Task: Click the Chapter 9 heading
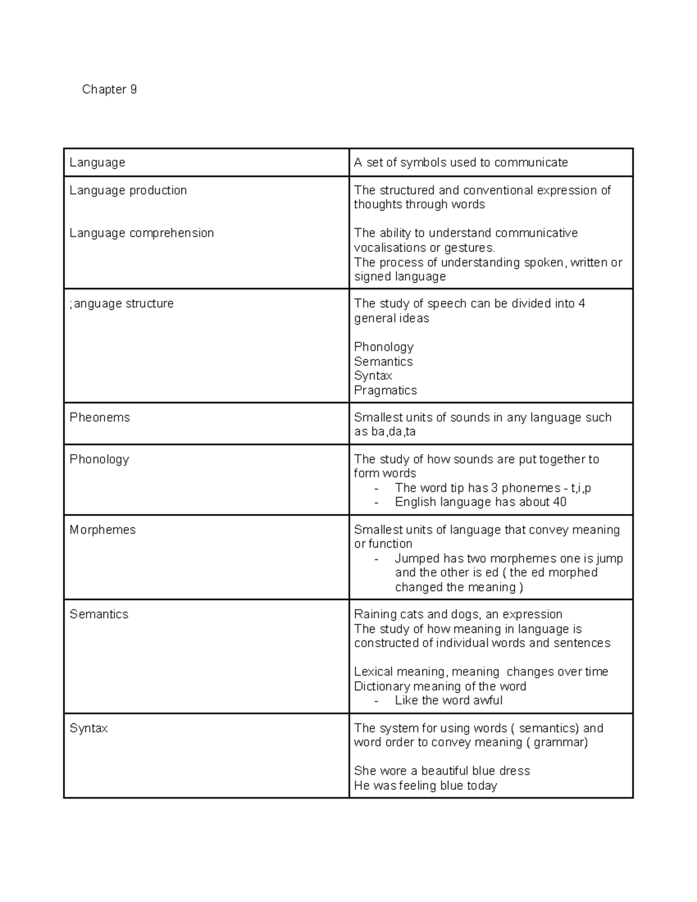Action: [x=109, y=89]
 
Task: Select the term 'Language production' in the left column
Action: [x=128, y=191]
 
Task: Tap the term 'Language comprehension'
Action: [x=141, y=233]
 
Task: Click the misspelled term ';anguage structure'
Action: [x=121, y=304]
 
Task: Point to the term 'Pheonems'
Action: [x=99, y=418]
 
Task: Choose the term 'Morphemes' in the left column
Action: [x=102, y=530]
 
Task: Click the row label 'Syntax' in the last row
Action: [x=88, y=728]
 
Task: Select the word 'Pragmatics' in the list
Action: [x=385, y=390]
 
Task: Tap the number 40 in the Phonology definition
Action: [x=559, y=502]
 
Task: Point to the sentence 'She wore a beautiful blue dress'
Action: [x=441, y=771]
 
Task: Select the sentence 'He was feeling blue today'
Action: [x=425, y=786]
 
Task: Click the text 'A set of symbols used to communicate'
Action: [x=461, y=163]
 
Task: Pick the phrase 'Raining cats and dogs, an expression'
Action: [x=458, y=614]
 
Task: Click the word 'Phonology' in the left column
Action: [x=99, y=459]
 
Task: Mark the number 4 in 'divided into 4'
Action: [x=581, y=304]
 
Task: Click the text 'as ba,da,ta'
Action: [x=385, y=432]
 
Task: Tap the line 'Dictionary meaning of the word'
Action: [x=440, y=687]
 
